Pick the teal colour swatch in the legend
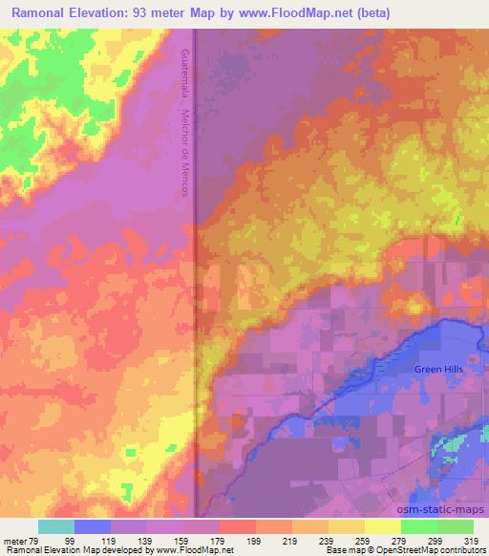[x=56, y=526]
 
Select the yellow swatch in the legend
[x=383, y=526]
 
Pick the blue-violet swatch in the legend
[x=93, y=526]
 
